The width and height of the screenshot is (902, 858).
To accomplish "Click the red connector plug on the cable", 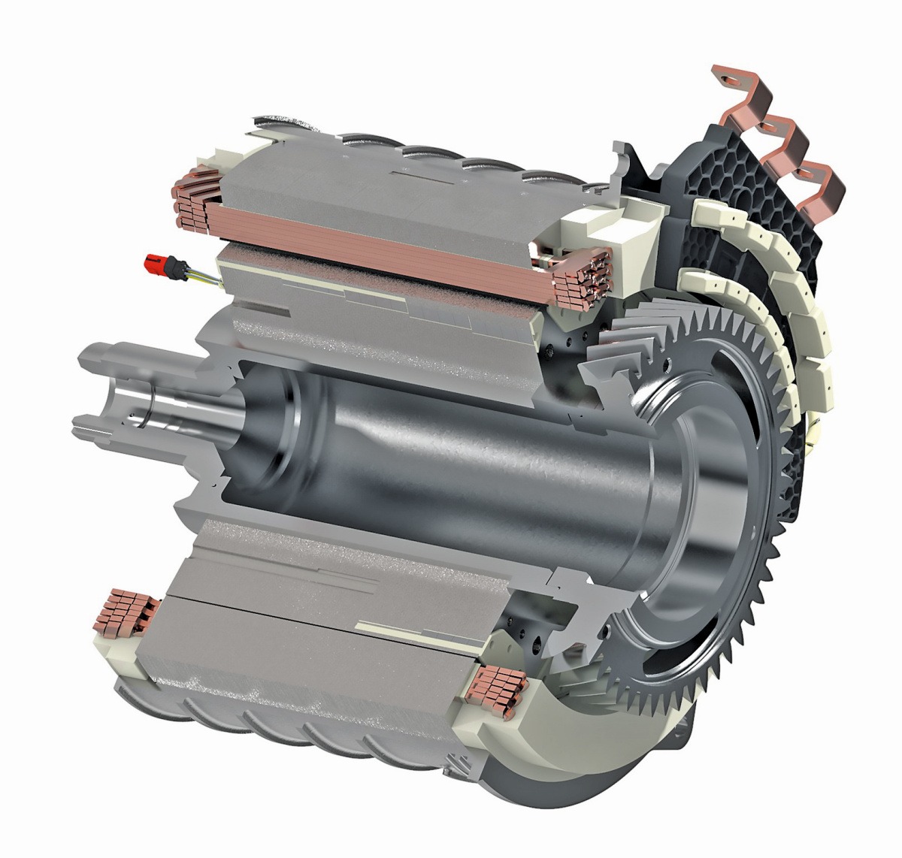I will (x=156, y=264).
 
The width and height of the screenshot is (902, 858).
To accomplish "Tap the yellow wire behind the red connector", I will (x=204, y=279).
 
